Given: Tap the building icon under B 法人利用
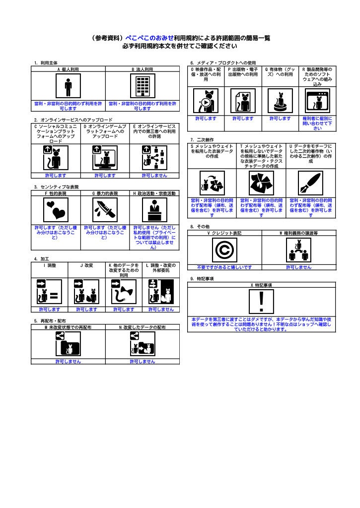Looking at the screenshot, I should pos(143,87).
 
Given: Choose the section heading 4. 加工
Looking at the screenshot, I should pos(42,259).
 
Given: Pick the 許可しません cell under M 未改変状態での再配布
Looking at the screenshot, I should pos(68,361).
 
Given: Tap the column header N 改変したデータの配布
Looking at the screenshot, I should pos(143,327).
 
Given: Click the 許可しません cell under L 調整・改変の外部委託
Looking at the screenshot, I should pos(161,309).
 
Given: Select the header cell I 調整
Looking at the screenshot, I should pos(49,265).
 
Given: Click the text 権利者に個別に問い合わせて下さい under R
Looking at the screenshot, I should pos(317,124).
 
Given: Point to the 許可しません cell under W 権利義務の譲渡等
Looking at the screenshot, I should pos(298,267).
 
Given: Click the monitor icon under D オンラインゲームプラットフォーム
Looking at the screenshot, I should pos(105,158).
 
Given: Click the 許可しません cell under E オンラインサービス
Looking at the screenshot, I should pos(154,175).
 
